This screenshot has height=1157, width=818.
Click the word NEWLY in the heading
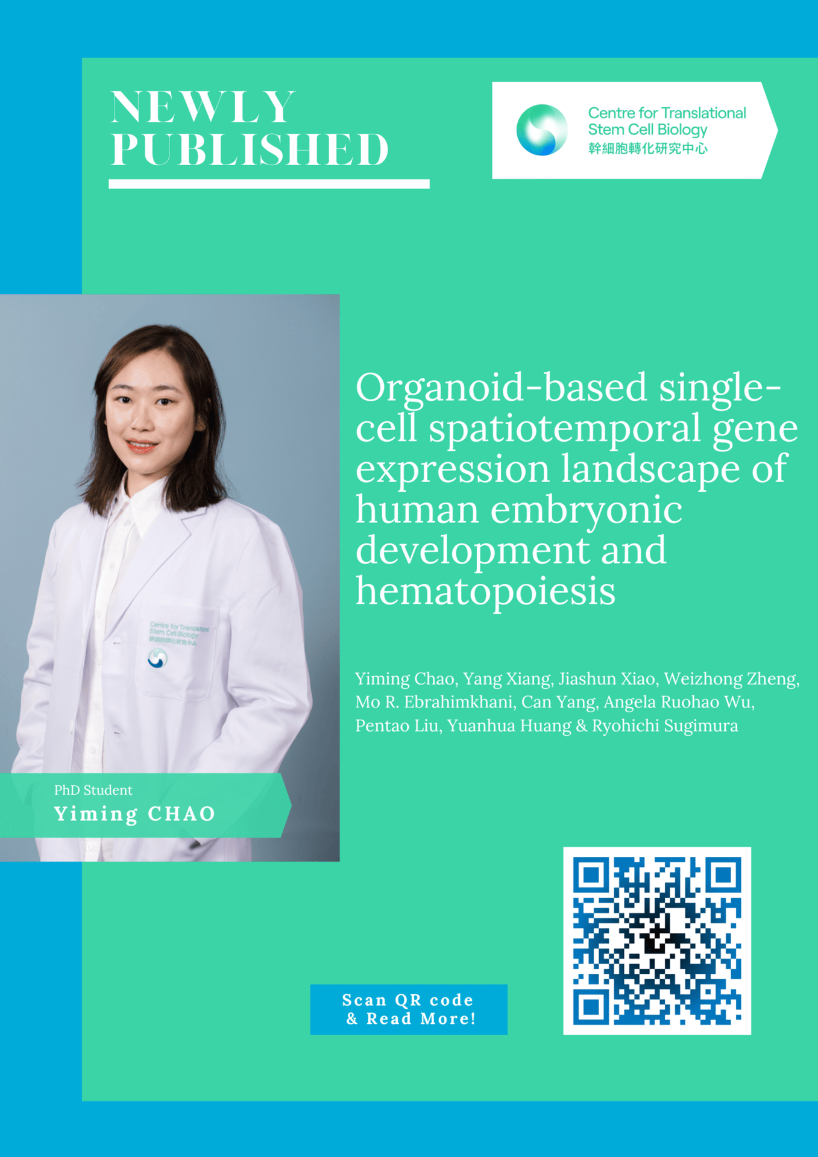click(203, 107)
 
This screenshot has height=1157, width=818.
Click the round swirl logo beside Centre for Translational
click(541, 130)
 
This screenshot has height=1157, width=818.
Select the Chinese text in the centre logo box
click(648, 148)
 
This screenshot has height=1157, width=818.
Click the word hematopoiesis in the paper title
click(486, 591)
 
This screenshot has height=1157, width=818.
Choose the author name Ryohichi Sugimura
click(665, 726)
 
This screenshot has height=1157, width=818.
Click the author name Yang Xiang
click(508, 679)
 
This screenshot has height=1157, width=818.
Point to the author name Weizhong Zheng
click(732, 679)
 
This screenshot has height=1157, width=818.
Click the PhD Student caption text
click(93, 790)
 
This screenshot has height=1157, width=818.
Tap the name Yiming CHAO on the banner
click(135, 814)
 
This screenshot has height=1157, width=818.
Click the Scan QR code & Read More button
click(409, 1009)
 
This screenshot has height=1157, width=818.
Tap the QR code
click(657, 941)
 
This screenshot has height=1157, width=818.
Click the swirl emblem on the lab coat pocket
click(157, 659)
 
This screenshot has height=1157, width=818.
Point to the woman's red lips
click(142, 446)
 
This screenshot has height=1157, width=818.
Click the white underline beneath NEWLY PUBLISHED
click(269, 184)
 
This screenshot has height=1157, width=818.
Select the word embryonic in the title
click(586, 511)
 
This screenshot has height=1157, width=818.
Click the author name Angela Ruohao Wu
click(679, 703)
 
